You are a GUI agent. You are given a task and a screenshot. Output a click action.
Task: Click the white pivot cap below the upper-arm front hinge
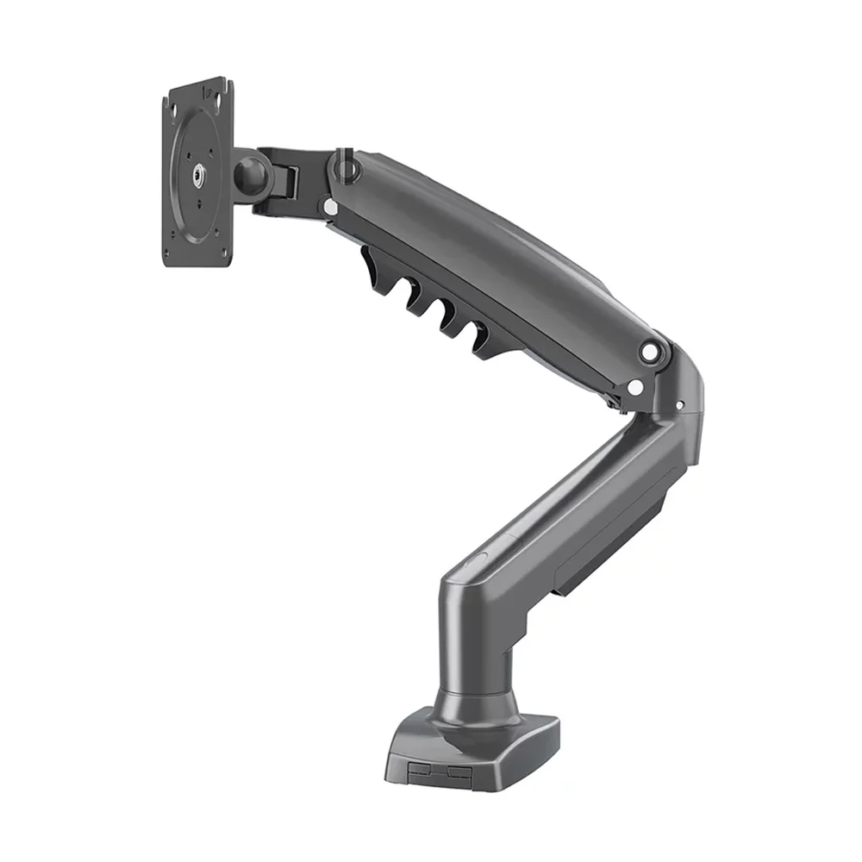tap(329, 206)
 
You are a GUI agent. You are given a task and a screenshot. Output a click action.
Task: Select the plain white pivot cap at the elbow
tap(635, 389)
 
